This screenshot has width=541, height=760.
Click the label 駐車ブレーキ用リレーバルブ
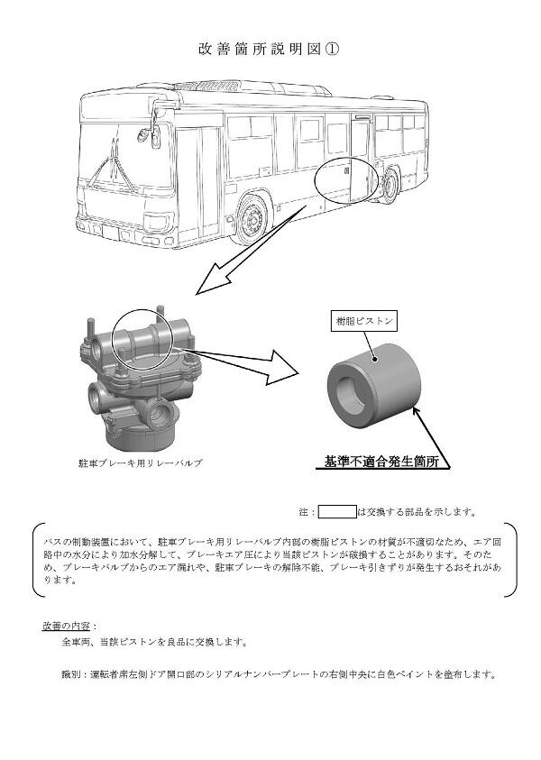140,462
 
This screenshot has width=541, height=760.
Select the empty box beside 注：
337,512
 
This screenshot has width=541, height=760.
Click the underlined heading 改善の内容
69,625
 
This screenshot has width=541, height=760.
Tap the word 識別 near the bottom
69,673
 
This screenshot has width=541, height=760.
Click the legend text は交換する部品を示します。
417,512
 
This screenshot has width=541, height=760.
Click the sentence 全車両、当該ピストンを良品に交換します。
152,642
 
